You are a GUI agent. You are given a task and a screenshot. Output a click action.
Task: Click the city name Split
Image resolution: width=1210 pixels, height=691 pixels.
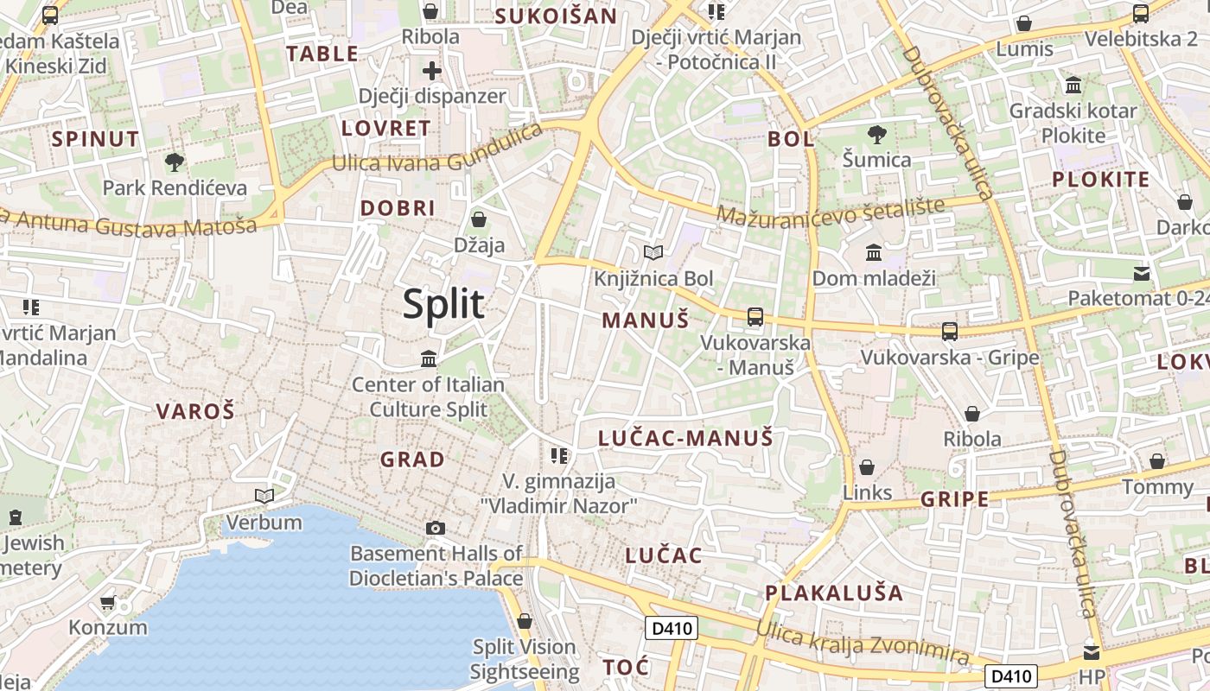[443, 304]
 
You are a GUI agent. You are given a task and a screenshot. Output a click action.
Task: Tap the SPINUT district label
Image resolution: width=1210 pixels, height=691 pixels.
[95, 139]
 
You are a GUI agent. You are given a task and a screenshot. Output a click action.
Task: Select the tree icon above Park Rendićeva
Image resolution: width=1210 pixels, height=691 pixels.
[175, 162]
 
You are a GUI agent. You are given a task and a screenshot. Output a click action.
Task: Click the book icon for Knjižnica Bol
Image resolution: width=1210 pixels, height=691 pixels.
[653, 253]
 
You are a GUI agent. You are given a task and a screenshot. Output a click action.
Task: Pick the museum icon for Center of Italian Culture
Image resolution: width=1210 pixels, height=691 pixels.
[428, 358]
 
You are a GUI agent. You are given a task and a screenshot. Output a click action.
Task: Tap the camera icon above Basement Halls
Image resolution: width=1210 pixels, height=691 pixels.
[436, 528]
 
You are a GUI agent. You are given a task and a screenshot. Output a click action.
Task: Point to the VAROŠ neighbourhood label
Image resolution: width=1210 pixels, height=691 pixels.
[195, 411]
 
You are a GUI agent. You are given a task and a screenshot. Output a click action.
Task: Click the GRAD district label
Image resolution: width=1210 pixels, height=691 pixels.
[413, 460]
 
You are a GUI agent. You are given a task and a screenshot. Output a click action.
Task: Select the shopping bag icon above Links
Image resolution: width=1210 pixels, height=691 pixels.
[867, 467]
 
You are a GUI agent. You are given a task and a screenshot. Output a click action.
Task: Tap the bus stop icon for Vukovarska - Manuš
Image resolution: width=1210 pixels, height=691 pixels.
[755, 317]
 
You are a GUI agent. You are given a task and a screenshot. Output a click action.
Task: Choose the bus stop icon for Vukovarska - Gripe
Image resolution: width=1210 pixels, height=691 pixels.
[950, 331]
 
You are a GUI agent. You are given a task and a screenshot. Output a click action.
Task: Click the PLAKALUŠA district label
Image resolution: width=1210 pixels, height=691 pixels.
[834, 593]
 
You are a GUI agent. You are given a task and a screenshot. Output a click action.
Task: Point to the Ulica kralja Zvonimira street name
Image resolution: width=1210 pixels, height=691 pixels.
[863, 642]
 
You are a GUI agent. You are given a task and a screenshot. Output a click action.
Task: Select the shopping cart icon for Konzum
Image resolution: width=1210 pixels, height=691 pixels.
[108, 602]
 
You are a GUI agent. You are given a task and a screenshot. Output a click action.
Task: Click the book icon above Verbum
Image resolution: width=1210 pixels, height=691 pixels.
[264, 497]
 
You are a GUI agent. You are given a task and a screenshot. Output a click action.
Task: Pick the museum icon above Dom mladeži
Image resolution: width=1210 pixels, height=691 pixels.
[874, 253]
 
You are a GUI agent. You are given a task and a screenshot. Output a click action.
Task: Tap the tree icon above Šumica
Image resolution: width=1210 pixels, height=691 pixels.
[877, 135]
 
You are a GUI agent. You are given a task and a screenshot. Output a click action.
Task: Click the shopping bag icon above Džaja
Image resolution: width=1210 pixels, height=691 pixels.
[479, 219]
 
